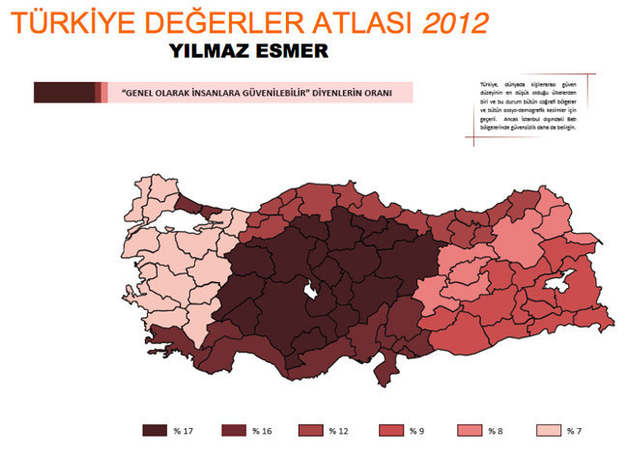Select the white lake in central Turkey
(x=311, y=290)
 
